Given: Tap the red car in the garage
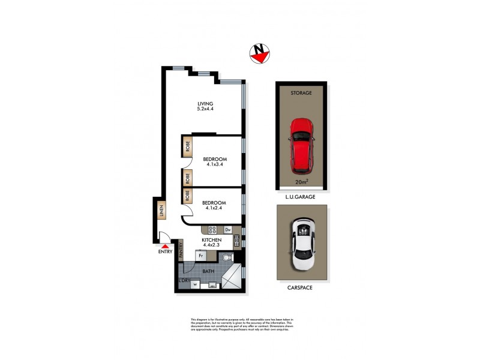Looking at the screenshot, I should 302,144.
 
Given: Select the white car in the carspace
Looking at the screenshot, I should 302,244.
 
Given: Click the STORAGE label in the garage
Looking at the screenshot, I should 302,93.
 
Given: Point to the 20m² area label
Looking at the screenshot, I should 302,182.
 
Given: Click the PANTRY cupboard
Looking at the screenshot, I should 179,250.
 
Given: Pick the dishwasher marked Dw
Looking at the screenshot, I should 228,229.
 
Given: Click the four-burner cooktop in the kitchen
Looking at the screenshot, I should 213,229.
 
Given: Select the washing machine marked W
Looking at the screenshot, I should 195,284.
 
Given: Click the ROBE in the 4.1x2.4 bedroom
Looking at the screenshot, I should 188,196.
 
